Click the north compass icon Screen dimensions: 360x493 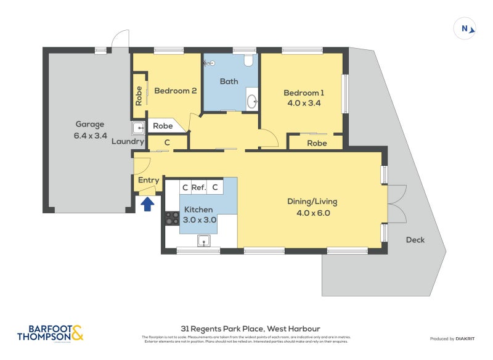pyautogui.click(x=465, y=28)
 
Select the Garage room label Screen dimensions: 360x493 pyautogui.click(x=90, y=124)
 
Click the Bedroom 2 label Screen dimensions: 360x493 pyautogui.click(x=175, y=91)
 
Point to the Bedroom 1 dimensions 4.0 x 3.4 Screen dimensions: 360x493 pyautogui.click(x=303, y=104)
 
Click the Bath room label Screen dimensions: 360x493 pyautogui.click(x=229, y=81)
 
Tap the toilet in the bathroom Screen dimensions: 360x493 pyautogui.click(x=248, y=60)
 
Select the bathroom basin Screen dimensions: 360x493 pyautogui.click(x=252, y=100)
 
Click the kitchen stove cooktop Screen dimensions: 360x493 pyautogui.click(x=171, y=218)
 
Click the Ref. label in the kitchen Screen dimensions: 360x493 pyautogui.click(x=198, y=187)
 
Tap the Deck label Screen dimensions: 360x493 pyautogui.click(x=415, y=240)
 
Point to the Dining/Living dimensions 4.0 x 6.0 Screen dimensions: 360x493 pyautogui.click(x=312, y=213)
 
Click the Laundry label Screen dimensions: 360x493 pyautogui.click(x=128, y=142)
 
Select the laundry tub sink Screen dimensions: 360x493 pyautogui.click(x=138, y=128)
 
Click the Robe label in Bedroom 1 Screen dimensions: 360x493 pyautogui.click(x=316, y=143)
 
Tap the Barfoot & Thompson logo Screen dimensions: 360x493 pyautogui.click(x=50, y=333)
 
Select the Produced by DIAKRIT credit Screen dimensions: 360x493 pyautogui.click(x=452, y=339)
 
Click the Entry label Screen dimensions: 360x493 pyautogui.click(x=149, y=181)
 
